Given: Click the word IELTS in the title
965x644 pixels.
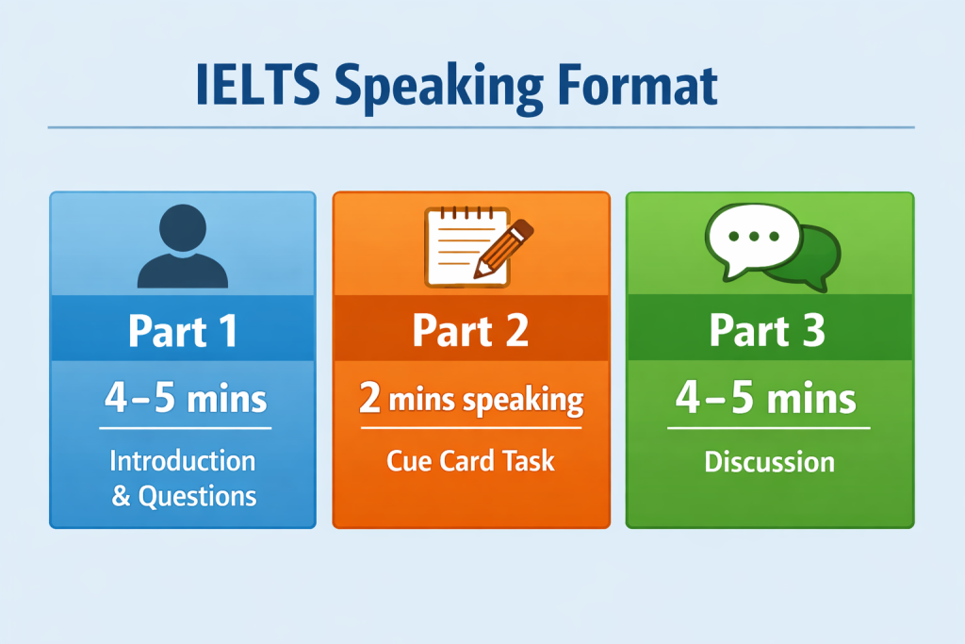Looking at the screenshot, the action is click(x=257, y=85).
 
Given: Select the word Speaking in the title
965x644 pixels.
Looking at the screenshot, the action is click(x=438, y=90).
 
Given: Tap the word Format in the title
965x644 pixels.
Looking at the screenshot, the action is click(x=638, y=85).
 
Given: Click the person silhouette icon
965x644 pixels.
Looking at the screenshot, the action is click(x=183, y=246).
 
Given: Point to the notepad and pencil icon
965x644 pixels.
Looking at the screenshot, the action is click(x=479, y=247).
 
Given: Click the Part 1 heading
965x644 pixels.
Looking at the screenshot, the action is click(x=183, y=331).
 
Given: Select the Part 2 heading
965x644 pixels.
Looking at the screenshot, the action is click(x=471, y=331).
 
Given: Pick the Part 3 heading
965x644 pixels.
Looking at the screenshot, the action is click(x=767, y=331).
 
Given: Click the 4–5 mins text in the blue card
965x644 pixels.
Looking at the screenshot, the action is click(x=186, y=398).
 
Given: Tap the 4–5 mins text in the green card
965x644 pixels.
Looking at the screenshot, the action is click(x=765, y=398).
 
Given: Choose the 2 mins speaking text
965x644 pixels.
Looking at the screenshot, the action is click(x=471, y=399).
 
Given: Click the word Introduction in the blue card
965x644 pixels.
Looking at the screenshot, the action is click(x=183, y=460).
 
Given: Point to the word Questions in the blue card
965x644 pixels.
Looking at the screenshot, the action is click(x=197, y=496).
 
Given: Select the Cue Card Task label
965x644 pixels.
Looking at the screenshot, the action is click(x=471, y=461).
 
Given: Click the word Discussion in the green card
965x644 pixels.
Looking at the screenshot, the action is click(x=769, y=462).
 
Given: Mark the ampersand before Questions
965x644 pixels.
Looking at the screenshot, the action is click(x=122, y=496).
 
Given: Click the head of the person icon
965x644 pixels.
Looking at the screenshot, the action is click(x=183, y=228).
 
